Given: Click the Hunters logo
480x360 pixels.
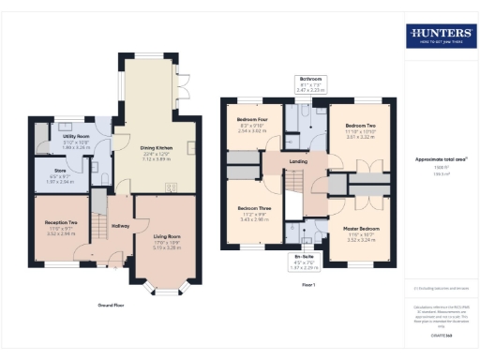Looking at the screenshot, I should point(440,37).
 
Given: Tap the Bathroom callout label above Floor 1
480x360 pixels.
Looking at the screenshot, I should point(310,79).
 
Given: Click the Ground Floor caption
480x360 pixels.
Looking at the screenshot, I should point(112,306).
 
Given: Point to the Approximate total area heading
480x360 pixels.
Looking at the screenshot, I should point(439,159).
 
